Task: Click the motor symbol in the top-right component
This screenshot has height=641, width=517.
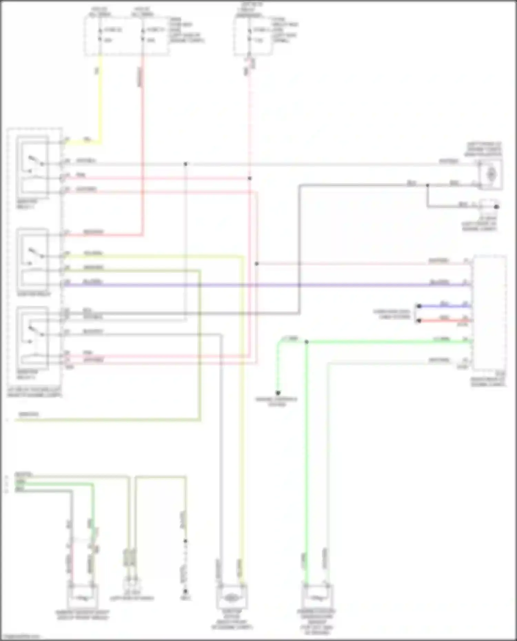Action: coord(491,174)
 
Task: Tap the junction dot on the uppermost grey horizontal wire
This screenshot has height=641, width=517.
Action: coord(185,164)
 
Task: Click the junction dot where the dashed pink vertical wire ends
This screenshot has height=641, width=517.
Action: coord(250,178)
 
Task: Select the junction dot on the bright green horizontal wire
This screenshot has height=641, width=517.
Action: coord(306,342)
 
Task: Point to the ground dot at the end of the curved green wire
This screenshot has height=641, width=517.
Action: coord(278,393)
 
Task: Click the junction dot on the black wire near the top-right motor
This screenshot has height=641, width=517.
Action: coord(427,185)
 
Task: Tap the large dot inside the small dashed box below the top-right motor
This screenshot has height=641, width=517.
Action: coord(496,207)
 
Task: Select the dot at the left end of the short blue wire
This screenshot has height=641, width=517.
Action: coord(419,306)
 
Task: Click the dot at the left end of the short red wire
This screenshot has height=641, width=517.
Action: coord(419,321)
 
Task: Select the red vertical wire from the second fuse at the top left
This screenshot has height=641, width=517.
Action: coord(142,138)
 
